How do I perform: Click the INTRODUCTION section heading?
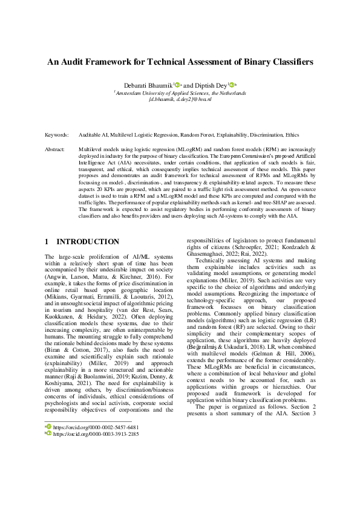(87, 242)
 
